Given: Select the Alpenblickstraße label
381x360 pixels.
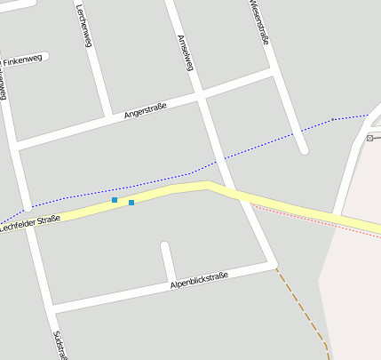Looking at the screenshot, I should tap(199, 280).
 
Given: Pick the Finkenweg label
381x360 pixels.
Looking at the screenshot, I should tap(22, 60).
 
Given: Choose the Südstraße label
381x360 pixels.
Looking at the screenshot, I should tap(59, 345).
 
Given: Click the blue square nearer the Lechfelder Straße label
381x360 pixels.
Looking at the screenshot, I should tap(115, 200).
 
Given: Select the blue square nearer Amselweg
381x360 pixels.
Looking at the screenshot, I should tap(131, 203).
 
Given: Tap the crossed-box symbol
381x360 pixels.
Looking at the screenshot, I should tap(369, 138).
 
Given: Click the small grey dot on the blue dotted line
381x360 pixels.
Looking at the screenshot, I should tap(332, 119).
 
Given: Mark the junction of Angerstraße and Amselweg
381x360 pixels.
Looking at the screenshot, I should tap(202, 93).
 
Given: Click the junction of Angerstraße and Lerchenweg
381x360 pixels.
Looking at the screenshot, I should tap(108, 116).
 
